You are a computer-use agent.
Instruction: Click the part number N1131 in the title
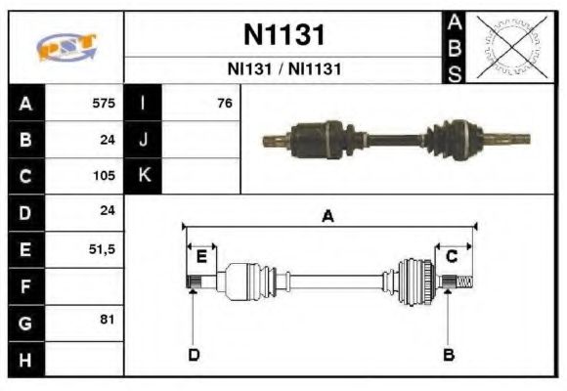point(283,35)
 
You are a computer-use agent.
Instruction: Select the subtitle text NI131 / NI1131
point(283,69)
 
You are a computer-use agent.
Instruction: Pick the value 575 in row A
point(103,103)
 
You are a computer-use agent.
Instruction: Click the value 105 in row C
point(103,176)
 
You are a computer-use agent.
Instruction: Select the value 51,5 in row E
point(102,249)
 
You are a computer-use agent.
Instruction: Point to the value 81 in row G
point(108,320)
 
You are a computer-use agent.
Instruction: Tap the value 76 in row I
point(224,103)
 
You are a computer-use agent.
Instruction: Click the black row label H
point(25,360)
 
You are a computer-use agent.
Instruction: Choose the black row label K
point(144,176)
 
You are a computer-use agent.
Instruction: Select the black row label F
point(25,285)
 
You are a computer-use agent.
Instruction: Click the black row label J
point(144,140)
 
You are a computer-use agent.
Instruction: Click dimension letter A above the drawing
point(327,217)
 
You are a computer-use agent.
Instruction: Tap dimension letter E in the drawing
point(201,256)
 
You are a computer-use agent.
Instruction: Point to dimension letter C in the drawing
point(452,256)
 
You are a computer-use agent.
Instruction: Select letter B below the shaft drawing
point(449,354)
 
